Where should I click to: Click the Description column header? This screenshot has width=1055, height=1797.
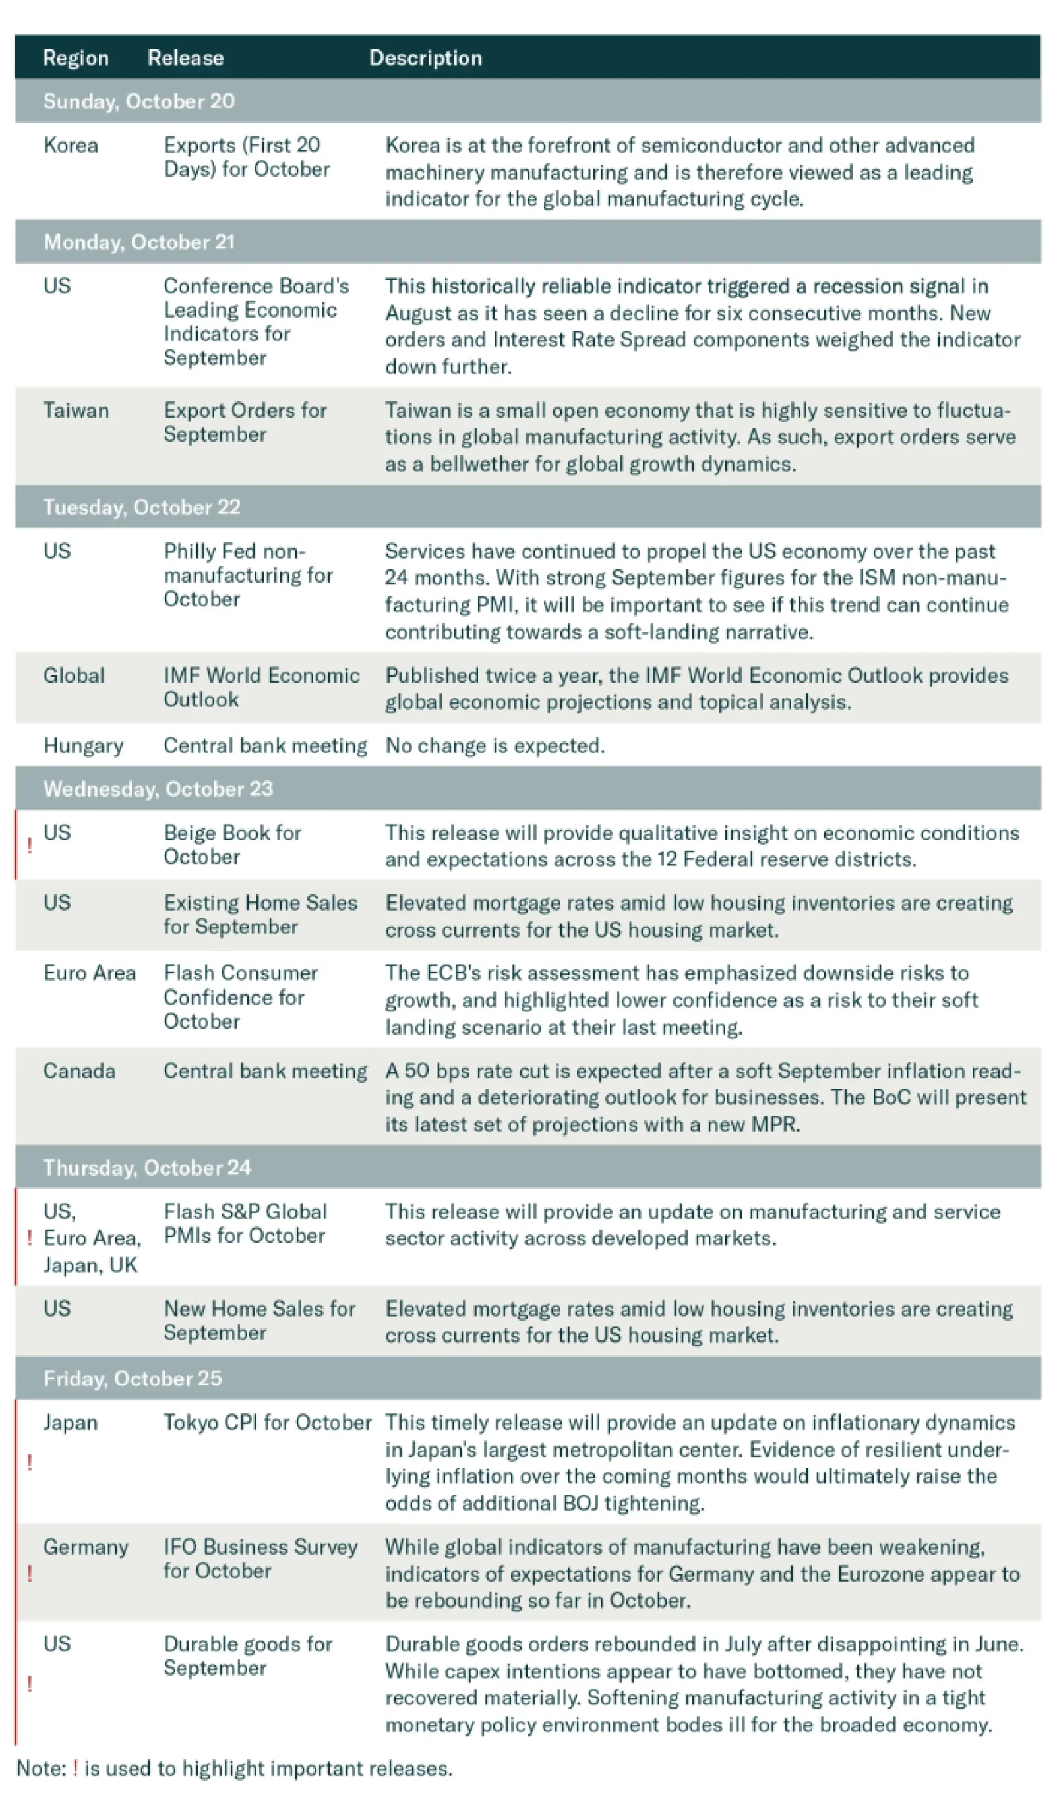point(425,58)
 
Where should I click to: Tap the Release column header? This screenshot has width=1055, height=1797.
point(185,58)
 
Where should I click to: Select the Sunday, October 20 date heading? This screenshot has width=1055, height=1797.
point(139,101)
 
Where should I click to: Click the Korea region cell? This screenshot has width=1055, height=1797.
point(71,146)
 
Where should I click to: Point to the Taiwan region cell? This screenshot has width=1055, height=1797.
point(76,411)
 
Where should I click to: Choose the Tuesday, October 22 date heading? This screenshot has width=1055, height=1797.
point(142,507)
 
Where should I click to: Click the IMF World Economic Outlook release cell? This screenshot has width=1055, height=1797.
point(261,687)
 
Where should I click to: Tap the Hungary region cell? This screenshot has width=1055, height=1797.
point(84,746)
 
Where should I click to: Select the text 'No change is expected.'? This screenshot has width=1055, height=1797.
point(495,746)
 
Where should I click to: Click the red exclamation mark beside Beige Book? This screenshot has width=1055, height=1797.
point(29,845)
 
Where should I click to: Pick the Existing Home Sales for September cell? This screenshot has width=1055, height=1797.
point(260,915)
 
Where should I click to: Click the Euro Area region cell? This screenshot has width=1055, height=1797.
point(90,973)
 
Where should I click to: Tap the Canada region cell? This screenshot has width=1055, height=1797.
point(79,1071)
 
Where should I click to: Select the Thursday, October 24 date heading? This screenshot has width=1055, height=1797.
point(147,1168)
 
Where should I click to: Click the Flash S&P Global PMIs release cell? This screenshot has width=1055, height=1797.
point(245,1224)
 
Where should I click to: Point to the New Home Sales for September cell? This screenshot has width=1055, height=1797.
point(259,1321)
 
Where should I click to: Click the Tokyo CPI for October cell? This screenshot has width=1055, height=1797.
point(267,1423)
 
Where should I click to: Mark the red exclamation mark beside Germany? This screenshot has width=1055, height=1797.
point(29,1573)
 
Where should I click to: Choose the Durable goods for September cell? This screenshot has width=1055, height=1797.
point(247,1656)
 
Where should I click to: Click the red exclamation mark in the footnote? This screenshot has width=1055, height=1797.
point(76,1769)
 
